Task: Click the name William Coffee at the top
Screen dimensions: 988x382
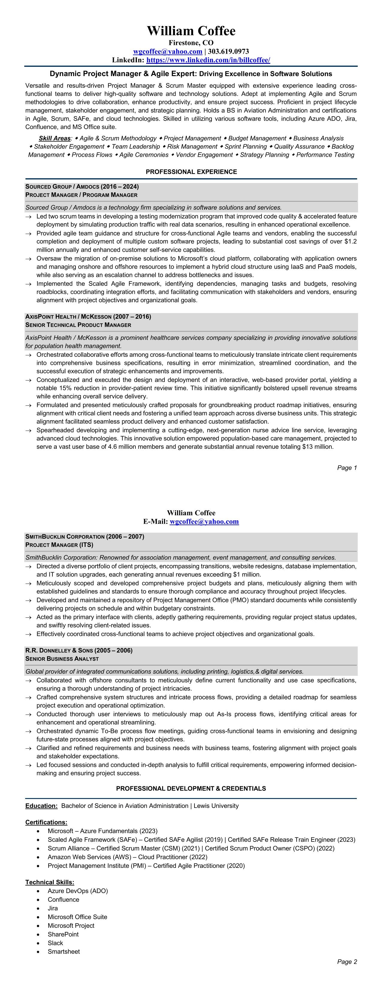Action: [x=191, y=31]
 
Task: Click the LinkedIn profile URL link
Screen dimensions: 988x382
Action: [x=208, y=60]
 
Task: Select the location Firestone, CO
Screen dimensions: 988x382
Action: [x=191, y=43]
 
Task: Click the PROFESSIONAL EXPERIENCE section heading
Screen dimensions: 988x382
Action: [x=191, y=172]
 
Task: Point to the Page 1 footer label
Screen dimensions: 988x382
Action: [x=347, y=468]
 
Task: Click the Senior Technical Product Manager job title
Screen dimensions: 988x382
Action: [x=78, y=325]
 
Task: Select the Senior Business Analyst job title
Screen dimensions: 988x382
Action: [x=62, y=658]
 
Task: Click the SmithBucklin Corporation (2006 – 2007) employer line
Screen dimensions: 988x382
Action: [x=85, y=537]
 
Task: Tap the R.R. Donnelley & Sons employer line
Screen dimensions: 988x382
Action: [x=78, y=650]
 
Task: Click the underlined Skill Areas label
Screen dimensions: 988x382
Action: [x=55, y=138]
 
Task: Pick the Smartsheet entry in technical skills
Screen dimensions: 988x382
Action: [x=64, y=951]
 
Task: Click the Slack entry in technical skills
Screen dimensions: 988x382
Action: [x=55, y=943]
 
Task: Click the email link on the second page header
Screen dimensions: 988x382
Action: [x=204, y=521]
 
